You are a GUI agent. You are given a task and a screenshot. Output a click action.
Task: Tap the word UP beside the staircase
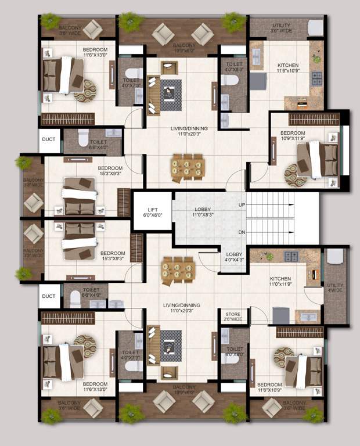coord(241,205)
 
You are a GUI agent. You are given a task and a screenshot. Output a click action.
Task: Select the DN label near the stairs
coord(241,232)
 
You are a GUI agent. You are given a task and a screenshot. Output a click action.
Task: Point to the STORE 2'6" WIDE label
coord(233,316)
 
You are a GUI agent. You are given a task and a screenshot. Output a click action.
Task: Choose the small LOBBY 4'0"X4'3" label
coord(234,257)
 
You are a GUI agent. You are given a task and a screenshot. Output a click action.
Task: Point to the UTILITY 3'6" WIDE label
coord(282,28)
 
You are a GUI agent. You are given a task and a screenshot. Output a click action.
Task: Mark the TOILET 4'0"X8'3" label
coord(234,67)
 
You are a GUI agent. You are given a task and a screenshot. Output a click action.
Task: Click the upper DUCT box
coord(49,140)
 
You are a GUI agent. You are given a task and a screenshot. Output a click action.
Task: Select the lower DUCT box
coord(49,296)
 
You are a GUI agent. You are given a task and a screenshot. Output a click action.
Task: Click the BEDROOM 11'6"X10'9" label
coord(269,387)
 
